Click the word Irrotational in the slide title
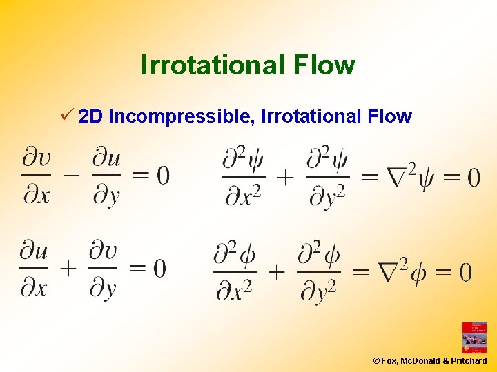pyautogui.click(x=211, y=65)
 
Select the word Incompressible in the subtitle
pyautogui.click(x=182, y=116)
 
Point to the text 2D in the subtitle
pyautogui.click(x=91, y=116)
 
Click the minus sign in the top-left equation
pyautogui.click(x=71, y=175)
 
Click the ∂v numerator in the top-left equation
pyautogui.click(x=37, y=159)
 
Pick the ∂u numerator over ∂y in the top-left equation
pyautogui.click(x=106, y=159)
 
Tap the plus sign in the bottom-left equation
pyautogui.click(x=68, y=268)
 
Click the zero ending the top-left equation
pyautogui.click(x=162, y=176)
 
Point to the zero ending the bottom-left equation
pyautogui.click(x=159, y=268)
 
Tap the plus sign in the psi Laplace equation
pyautogui.click(x=285, y=178)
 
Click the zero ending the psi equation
pyautogui.click(x=474, y=178)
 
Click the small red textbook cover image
pyautogui.click(x=474, y=338)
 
